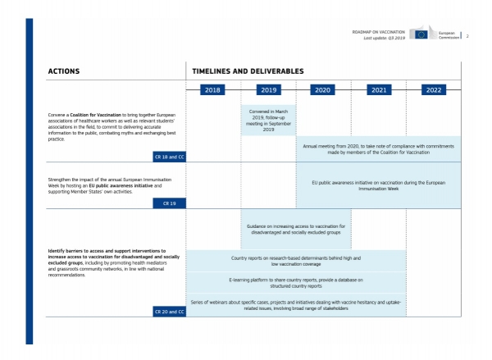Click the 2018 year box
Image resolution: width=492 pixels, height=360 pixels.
pos(212,89)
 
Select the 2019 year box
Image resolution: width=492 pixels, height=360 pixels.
pos(269,89)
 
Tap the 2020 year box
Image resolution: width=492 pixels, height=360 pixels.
pos(322,89)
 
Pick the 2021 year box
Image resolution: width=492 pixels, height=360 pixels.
pos(379,89)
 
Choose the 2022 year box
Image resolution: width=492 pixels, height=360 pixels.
pos(434,89)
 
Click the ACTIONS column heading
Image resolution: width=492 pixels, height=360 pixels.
pos(64,71)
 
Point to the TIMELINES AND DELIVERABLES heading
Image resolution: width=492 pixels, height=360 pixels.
pos(248,71)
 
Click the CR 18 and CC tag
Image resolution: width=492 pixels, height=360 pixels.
pos(170,157)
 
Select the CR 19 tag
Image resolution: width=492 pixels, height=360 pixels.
pos(170,203)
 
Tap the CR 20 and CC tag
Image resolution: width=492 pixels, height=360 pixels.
pos(170,312)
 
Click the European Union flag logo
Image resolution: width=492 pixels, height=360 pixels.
pos(421,34)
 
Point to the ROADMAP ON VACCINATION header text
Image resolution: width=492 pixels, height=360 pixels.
pos(378,32)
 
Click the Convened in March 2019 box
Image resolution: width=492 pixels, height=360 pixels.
pos(269,121)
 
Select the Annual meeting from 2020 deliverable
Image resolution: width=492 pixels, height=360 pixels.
pos(378,149)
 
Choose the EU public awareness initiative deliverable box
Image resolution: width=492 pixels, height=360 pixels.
pos(378,185)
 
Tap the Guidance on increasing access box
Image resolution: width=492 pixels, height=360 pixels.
pos(296,229)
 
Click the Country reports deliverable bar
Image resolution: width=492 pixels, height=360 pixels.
pos(296,261)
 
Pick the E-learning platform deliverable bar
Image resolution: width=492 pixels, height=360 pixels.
pos(296,283)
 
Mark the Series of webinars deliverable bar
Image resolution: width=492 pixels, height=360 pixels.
pos(296,305)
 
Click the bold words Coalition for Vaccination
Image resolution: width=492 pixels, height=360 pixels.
pos(95,115)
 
